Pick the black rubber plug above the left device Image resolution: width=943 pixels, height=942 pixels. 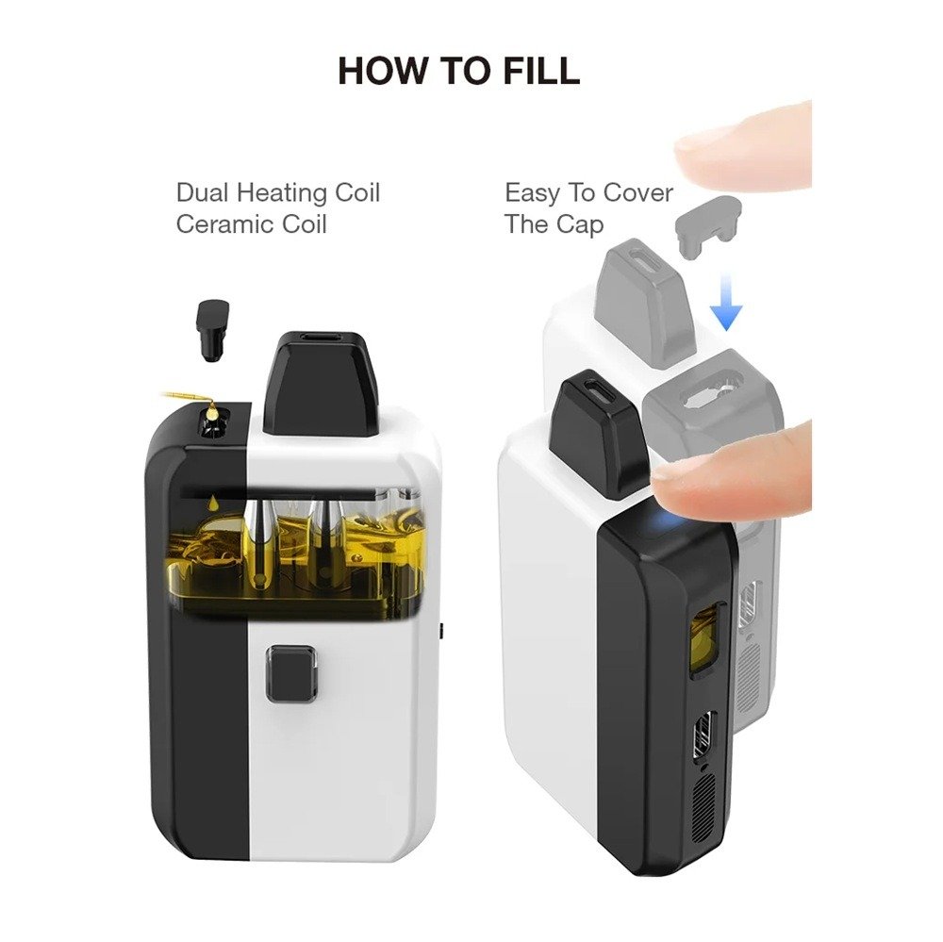pyautogui.click(x=212, y=331)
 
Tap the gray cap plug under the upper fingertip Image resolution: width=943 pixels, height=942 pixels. pyautogui.click(x=708, y=225)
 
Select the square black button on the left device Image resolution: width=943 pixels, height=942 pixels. pyautogui.click(x=291, y=673)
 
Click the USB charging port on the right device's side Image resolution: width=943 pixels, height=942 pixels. pyautogui.click(x=704, y=736)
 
